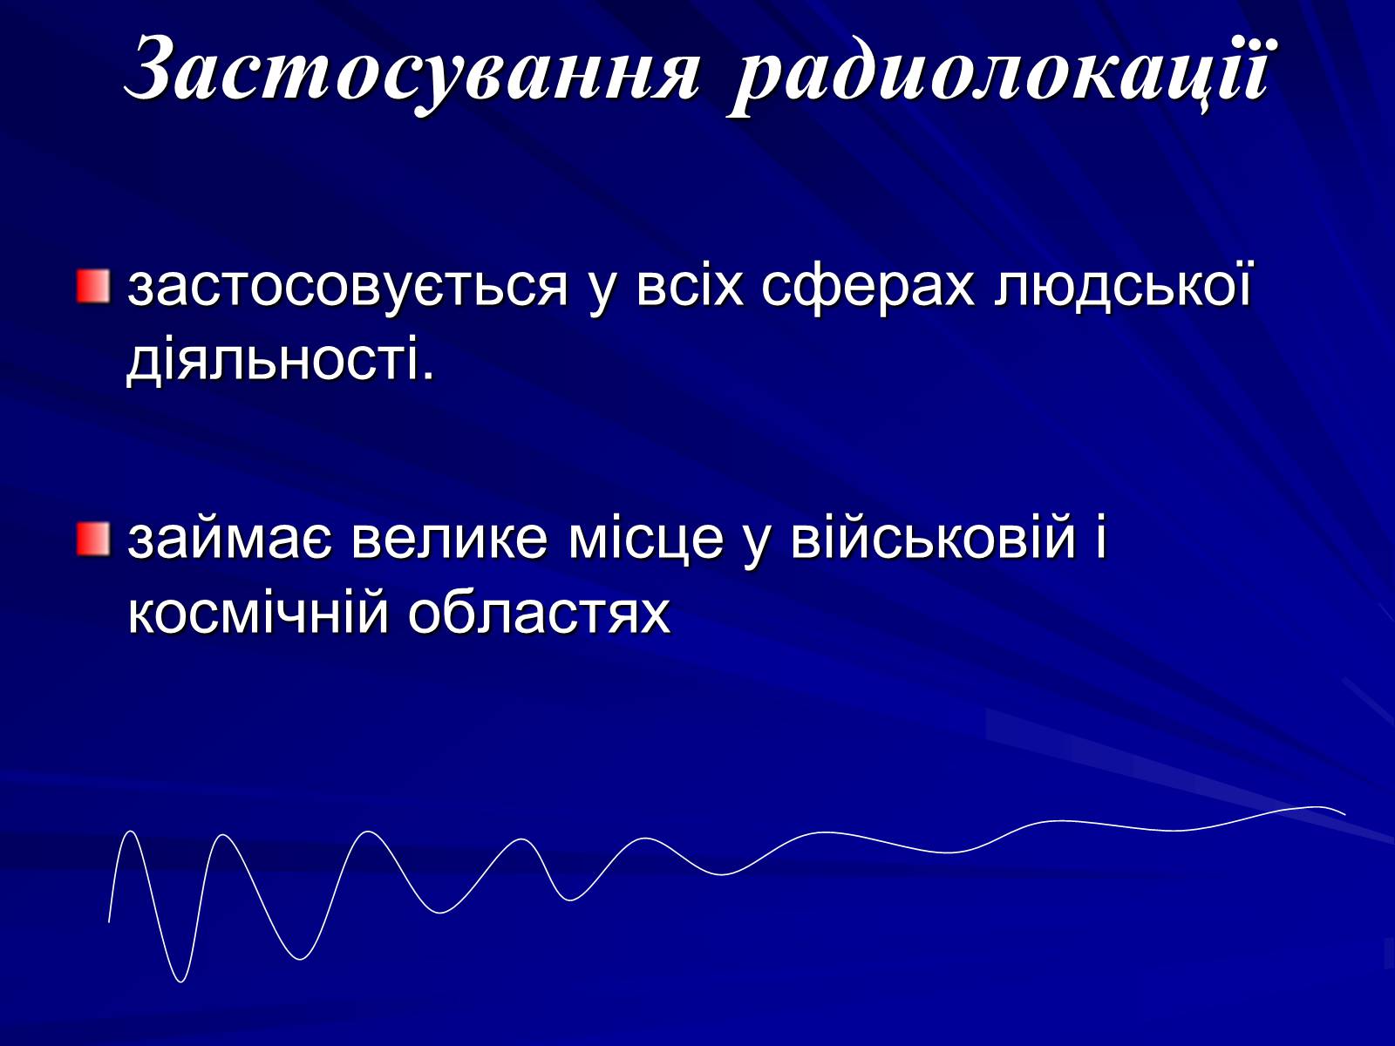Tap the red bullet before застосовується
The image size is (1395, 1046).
click(x=93, y=287)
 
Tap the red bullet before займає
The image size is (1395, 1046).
click(x=93, y=540)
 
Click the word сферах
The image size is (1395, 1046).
click(x=868, y=287)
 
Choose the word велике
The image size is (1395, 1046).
click(x=449, y=539)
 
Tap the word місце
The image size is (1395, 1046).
click(x=646, y=539)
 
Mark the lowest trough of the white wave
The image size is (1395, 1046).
click(x=180, y=981)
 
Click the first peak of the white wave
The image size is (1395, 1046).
click(x=130, y=832)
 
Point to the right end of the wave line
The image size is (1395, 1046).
click(x=1344, y=814)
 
